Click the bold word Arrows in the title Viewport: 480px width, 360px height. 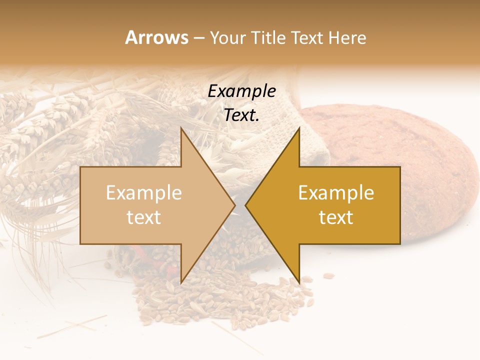[156, 37]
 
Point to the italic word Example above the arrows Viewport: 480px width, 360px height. [242, 91]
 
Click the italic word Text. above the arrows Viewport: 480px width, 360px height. [242, 115]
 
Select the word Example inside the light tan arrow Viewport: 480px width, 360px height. [144, 193]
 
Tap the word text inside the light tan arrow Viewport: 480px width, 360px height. [144, 217]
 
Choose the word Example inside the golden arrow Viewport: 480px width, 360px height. [336, 193]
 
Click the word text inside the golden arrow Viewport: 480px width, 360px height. [336, 217]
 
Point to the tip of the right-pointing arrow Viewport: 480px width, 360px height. [234, 205]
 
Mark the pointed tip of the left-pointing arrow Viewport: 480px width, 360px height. [246, 205]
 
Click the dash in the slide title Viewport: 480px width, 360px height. [198, 38]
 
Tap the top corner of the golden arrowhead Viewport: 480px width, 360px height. [299, 128]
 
